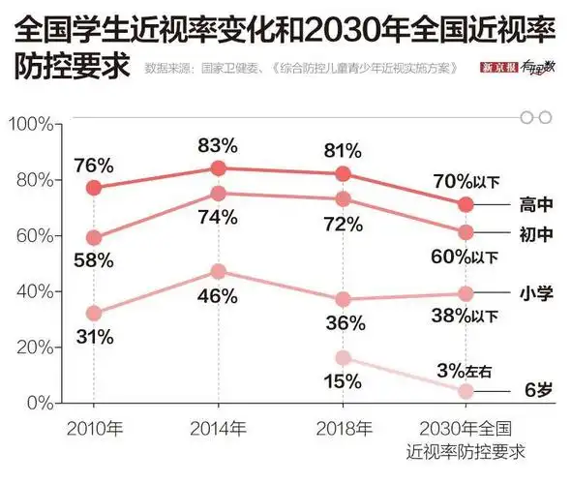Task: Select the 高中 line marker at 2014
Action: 218,168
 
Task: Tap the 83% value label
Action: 218,146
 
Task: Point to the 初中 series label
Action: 536,233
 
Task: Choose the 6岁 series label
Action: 537,391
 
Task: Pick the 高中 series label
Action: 536,204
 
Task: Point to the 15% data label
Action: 342,381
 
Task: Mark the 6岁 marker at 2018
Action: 343,358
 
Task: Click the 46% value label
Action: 218,297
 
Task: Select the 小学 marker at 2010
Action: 94,314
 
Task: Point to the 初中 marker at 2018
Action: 343,199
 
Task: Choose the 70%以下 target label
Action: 466,180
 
